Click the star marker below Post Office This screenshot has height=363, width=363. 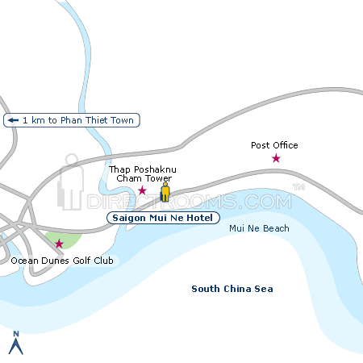(x=276, y=158)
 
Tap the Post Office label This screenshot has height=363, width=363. (x=274, y=145)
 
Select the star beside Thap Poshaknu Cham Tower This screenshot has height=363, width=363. (x=143, y=190)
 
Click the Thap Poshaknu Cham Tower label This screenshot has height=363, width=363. (x=140, y=173)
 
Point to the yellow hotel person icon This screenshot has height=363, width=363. (x=165, y=193)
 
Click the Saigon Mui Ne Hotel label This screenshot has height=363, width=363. (x=162, y=218)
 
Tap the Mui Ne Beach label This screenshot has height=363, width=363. (x=259, y=228)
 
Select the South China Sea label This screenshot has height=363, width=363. (x=232, y=289)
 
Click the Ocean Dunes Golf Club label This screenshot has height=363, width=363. (x=63, y=261)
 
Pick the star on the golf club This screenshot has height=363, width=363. (x=59, y=243)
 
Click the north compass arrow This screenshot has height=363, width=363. (x=15, y=347)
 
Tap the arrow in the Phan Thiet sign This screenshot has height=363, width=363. (x=13, y=120)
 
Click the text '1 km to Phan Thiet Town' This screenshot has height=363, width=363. (x=79, y=120)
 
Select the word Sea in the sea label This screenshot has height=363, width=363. (x=264, y=289)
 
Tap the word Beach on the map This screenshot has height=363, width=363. (x=273, y=228)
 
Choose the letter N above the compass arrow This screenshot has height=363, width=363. (x=15, y=332)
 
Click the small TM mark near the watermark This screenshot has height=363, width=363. (x=298, y=187)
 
